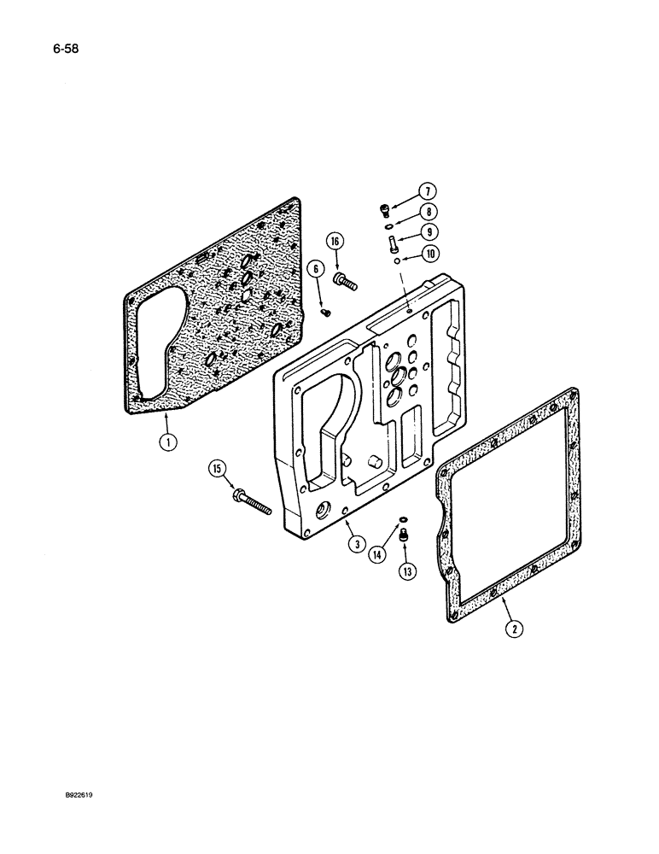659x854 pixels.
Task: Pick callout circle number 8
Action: click(428, 213)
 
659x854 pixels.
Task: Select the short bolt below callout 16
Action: click(346, 279)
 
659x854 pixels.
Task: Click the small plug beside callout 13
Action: click(406, 535)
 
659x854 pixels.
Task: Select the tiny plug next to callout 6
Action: click(325, 313)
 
